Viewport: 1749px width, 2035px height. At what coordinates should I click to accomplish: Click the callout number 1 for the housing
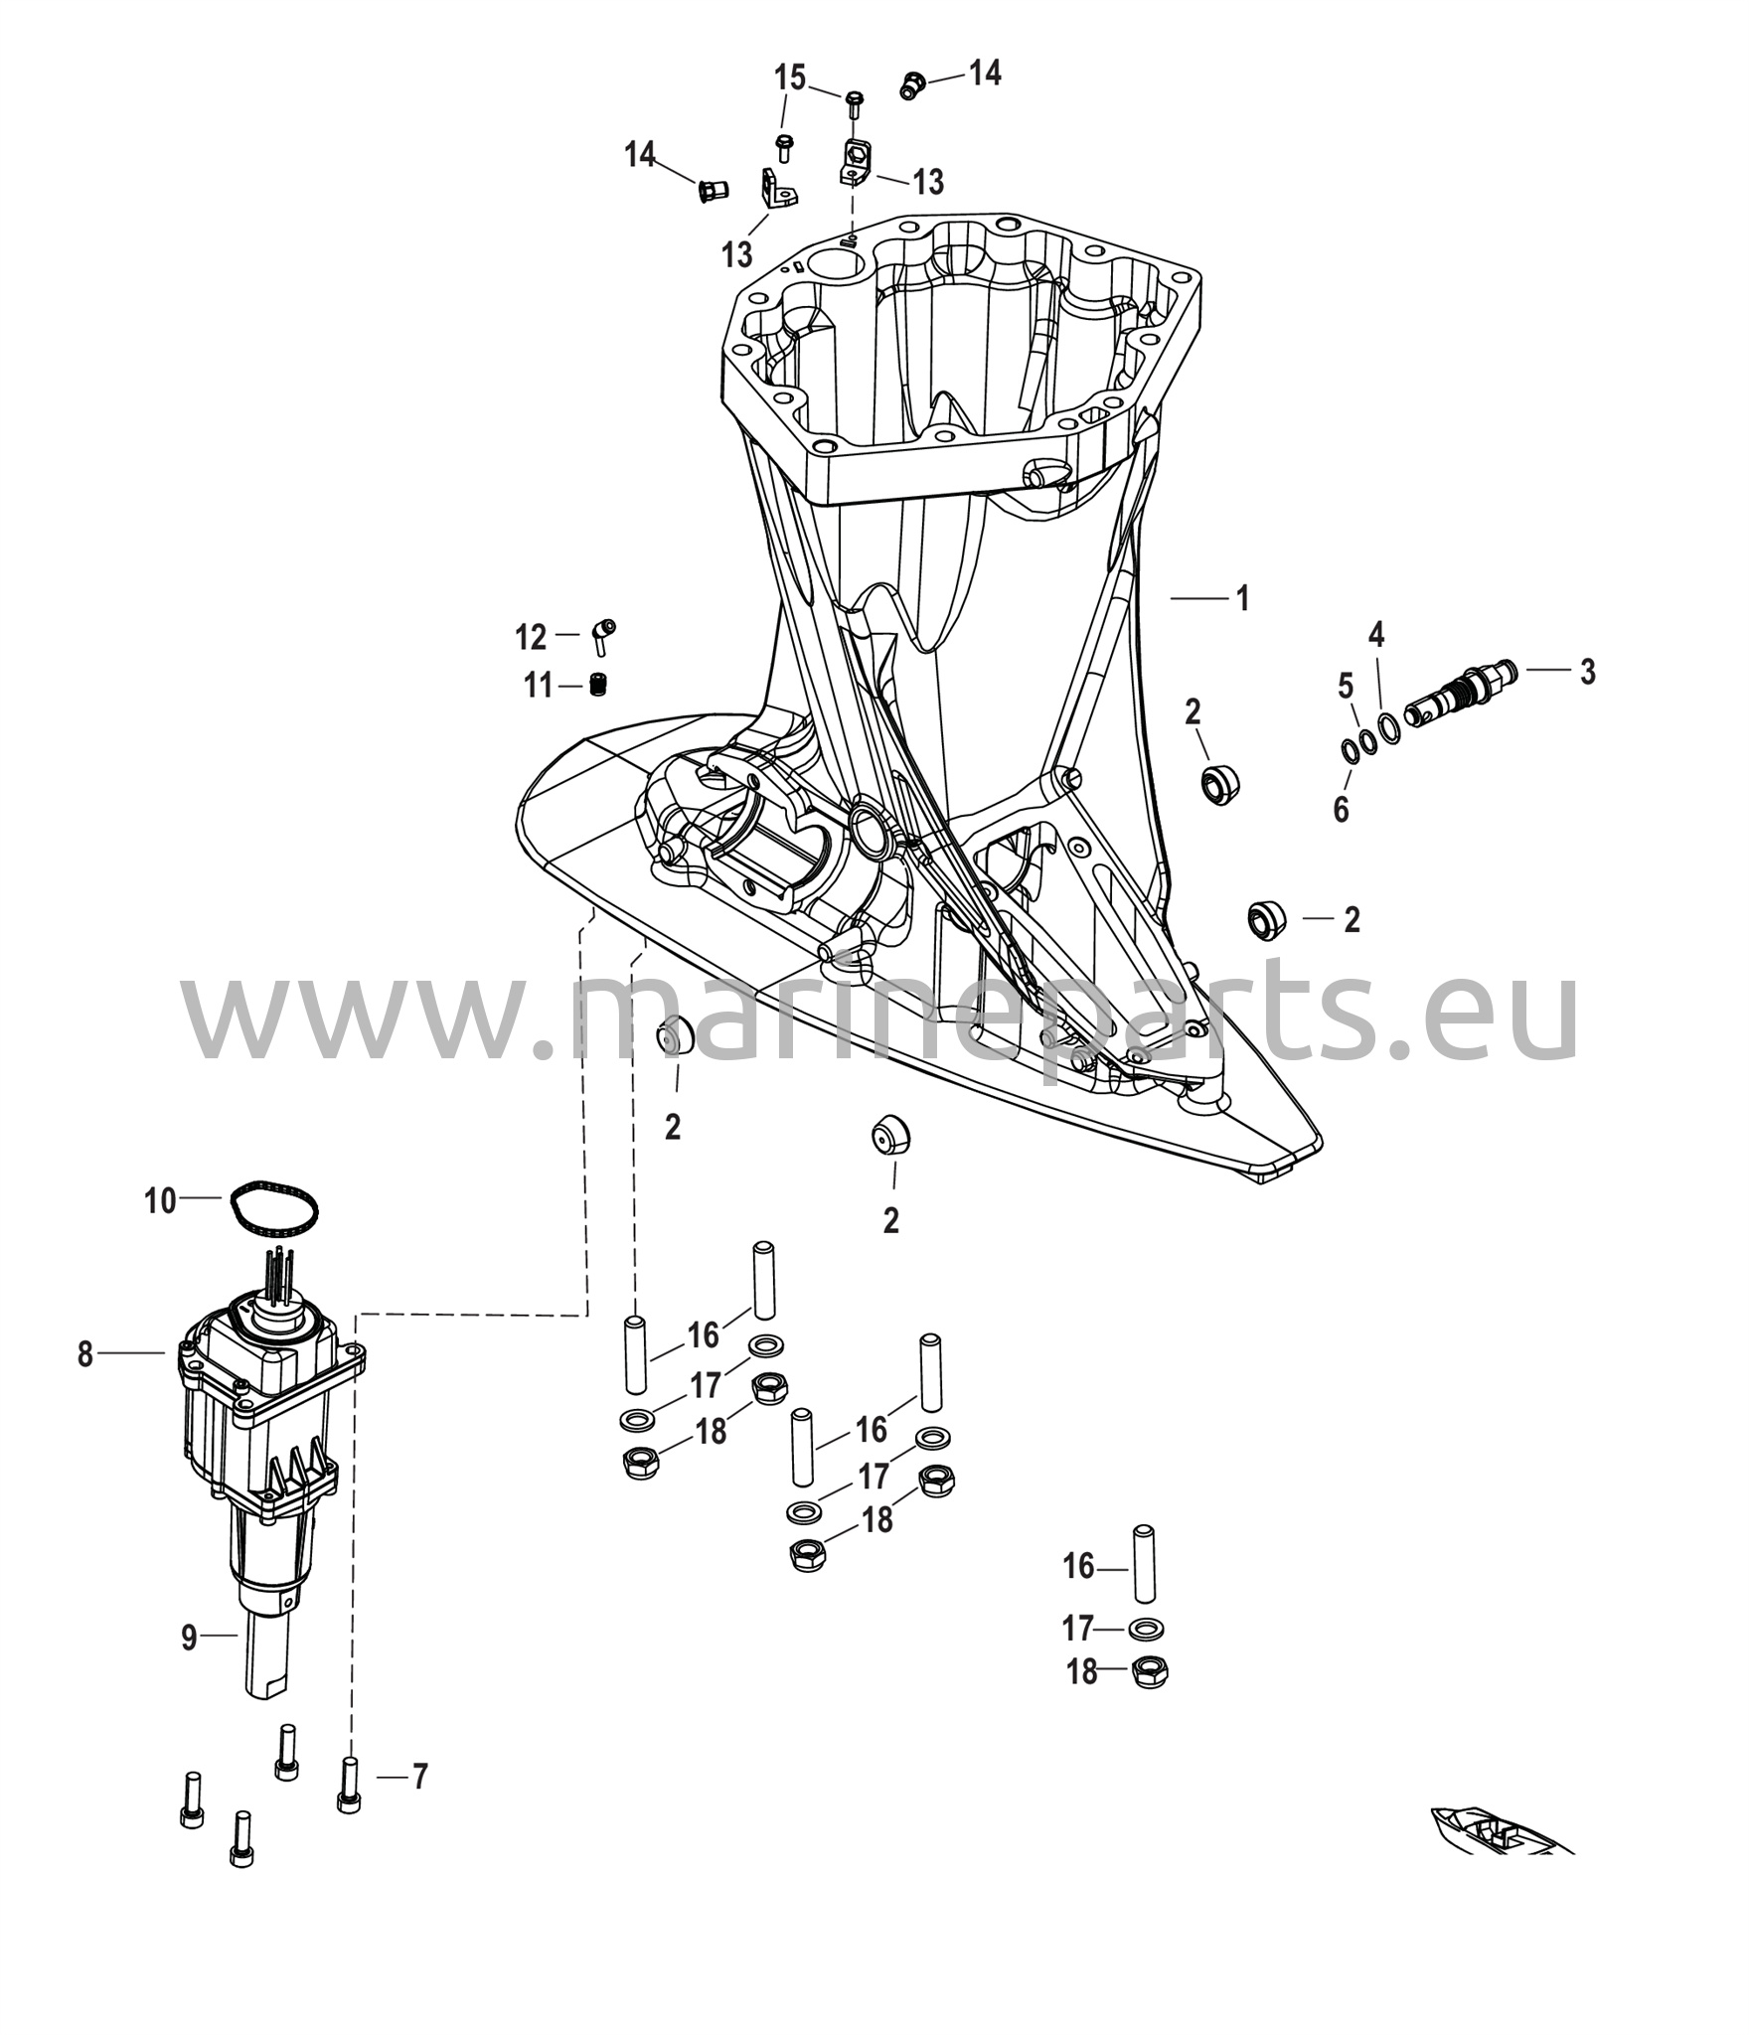click(1241, 598)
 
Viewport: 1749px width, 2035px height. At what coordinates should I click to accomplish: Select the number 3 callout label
click(1588, 672)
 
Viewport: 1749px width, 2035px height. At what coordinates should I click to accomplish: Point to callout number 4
click(1376, 634)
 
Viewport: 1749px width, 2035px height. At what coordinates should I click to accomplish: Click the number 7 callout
click(420, 1776)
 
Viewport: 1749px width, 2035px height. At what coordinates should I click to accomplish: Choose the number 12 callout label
click(532, 637)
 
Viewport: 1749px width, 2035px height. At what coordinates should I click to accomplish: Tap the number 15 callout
click(791, 78)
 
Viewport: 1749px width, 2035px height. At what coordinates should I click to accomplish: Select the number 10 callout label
click(160, 1201)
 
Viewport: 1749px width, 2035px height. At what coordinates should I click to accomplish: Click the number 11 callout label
click(540, 686)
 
